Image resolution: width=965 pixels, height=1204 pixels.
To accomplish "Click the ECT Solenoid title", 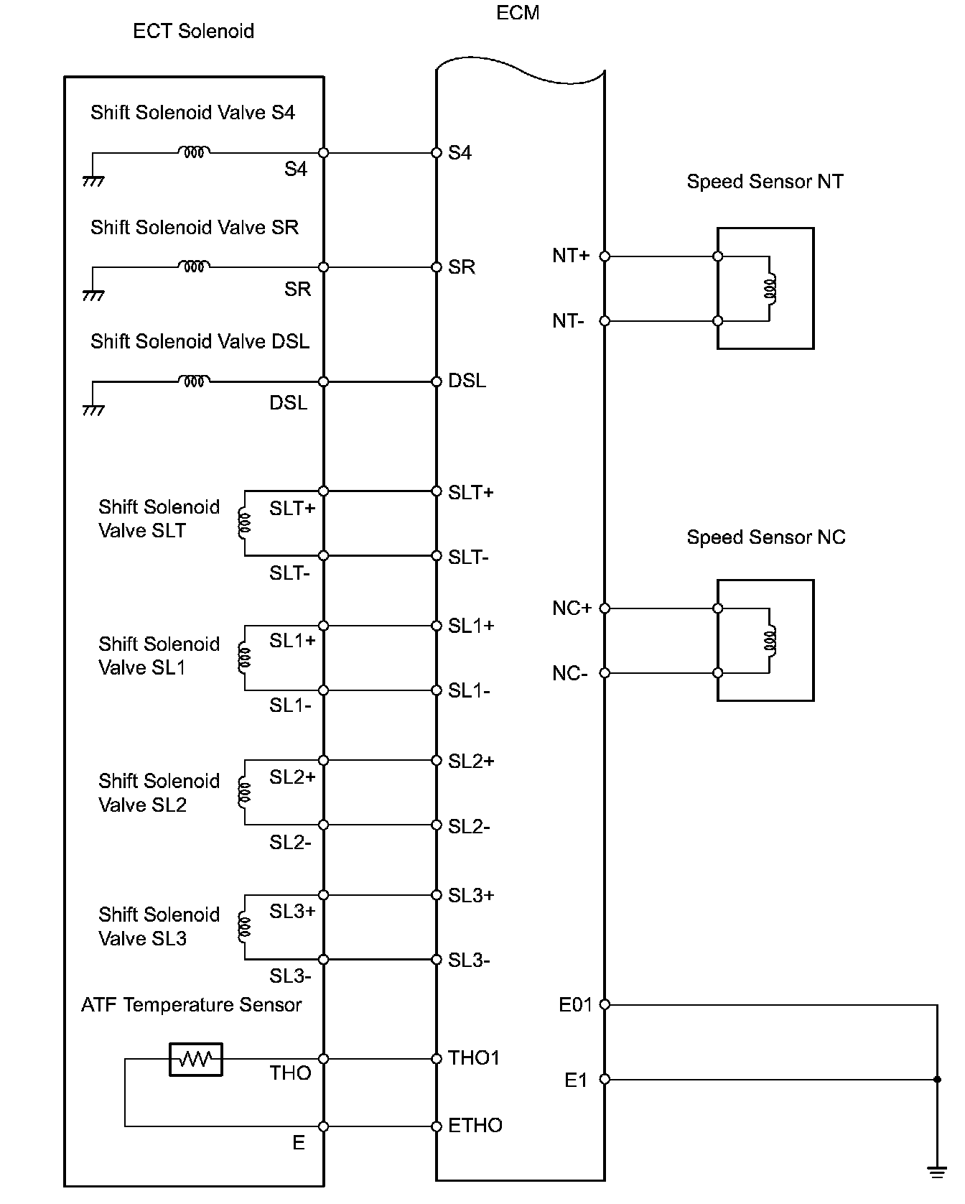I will pos(193,32).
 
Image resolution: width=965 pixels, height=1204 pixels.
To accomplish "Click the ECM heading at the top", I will pos(518,13).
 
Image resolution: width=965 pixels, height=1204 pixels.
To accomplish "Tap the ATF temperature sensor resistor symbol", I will pos(196,1059).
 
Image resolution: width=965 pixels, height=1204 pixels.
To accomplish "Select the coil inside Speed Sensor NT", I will pos(770,289).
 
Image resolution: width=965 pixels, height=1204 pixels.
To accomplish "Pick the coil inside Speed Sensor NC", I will pos(770,641).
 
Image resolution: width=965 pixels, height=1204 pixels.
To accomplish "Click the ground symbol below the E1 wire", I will pos(936,1173).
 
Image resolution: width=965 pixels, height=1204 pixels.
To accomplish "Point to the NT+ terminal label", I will pos(571,256).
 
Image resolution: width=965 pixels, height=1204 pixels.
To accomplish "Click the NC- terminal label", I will pos(570,674).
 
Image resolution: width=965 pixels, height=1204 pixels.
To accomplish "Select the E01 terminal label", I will pos(576,1005).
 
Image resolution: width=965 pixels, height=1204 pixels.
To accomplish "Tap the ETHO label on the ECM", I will pos(475,1126).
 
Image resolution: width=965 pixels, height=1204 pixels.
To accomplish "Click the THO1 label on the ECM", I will pos(474,1058).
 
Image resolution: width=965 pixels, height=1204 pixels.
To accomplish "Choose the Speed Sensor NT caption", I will pos(765,182).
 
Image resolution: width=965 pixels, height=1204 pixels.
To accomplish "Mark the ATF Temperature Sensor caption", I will pos(191,1005).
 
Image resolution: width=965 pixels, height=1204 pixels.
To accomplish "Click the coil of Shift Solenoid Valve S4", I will pos(195,152).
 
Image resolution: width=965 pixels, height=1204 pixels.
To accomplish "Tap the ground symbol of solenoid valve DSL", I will pos(93,410).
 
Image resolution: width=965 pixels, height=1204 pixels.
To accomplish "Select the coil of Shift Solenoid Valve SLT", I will pos(244,523).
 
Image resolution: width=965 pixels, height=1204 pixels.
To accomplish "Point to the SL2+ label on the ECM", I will pos(471,761).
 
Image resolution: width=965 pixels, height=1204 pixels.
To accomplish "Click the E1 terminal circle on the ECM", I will pos(605,1079).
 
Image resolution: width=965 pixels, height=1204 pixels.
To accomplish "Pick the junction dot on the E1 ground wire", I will pos(937,1079).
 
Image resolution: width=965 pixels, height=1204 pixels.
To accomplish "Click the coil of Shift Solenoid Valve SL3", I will pos(244,927).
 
